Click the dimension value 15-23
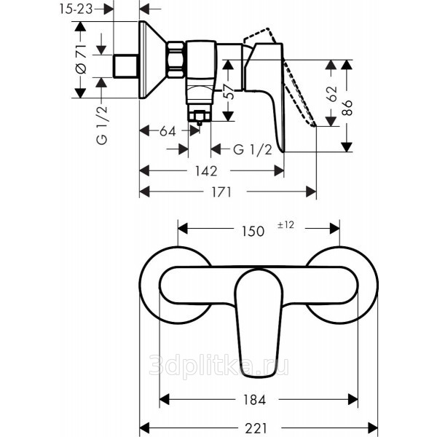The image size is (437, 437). (x=76, y=9)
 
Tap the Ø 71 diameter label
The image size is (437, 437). (x=81, y=59)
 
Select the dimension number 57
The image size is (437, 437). (x=230, y=92)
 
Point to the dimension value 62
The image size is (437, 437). (x=331, y=94)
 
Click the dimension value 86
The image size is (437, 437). (x=347, y=108)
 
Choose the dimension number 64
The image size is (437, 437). (x=168, y=131)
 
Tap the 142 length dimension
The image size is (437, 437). (x=206, y=171)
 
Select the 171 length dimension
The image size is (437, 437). (x=221, y=192)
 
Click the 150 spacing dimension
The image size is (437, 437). (x=253, y=231)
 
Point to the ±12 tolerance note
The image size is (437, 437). (x=286, y=225)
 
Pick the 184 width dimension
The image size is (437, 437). (x=255, y=400)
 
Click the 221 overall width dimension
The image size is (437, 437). (x=256, y=428)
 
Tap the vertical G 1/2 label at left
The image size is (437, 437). (x=102, y=125)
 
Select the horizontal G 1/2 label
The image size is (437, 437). (x=253, y=150)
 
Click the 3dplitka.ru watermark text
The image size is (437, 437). (x=219, y=366)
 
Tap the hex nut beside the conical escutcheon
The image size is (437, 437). (x=176, y=59)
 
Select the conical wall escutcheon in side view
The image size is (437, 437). (x=153, y=60)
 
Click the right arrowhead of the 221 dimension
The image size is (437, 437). (x=373, y=428)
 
